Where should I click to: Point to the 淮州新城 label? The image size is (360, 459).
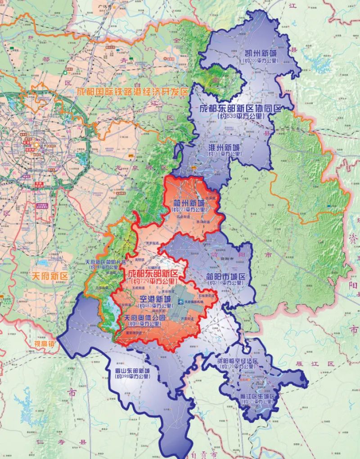click(x=225, y=147)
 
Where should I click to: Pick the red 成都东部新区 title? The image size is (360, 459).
click(x=153, y=273)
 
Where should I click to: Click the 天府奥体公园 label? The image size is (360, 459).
click(x=144, y=316)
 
